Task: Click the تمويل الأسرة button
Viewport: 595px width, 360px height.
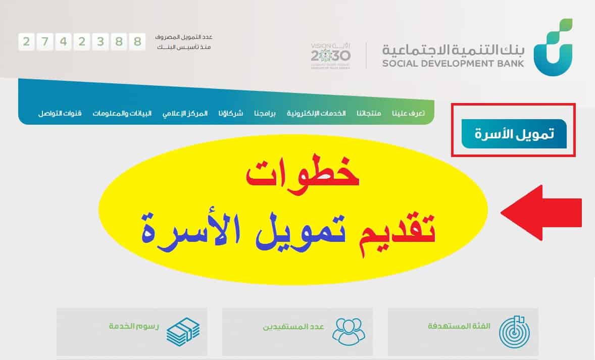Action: [x=513, y=134]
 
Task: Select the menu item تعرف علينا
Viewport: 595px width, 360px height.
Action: [x=408, y=113]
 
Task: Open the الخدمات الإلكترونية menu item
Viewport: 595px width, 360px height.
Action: [x=316, y=113]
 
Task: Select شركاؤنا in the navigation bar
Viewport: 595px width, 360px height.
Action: [x=231, y=113]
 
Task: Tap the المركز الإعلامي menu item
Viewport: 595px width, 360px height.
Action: [x=185, y=113]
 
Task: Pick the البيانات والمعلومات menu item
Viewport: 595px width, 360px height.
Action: [x=122, y=113]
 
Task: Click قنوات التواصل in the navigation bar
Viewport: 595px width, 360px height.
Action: [x=60, y=113]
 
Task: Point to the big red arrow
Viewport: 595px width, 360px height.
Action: [x=540, y=213]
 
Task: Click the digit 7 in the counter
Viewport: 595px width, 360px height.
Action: [x=45, y=41]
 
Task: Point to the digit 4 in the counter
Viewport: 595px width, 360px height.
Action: [x=63, y=41]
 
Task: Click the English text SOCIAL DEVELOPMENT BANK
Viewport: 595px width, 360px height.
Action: [x=453, y=64]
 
